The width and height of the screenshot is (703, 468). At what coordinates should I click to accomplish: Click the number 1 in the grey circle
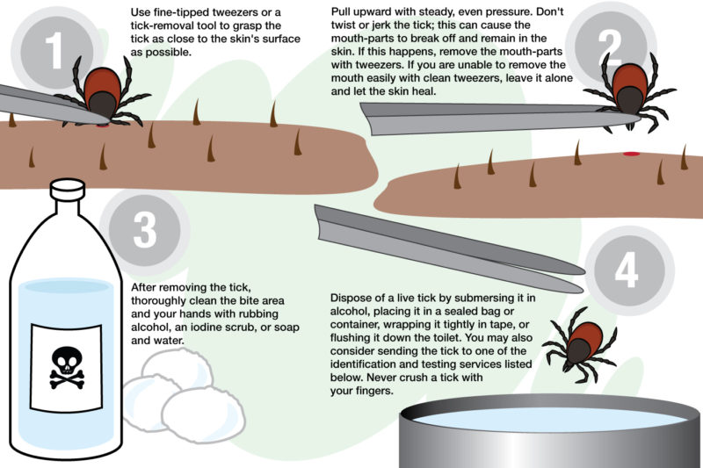pyautogui.click(x=55, y=50)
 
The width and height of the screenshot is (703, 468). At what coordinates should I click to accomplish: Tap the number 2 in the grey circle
pyautogui.click(x=610, y=47)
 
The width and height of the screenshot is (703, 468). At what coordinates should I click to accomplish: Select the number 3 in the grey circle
pyautogui.click(x=145, y=230)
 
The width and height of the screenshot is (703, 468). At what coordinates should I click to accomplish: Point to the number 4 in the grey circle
pyautogui.click(x=627, y=270)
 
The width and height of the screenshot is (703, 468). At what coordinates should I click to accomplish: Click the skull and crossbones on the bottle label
pyautogui.click(x=67, y=367)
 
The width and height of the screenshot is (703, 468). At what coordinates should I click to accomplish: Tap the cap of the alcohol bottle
pyautogui.click(x=68, y=189)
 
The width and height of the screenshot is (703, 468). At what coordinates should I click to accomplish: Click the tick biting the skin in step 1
pyautogui.click(x=104, y=92)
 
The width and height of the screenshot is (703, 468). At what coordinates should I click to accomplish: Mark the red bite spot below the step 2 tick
pyautogui.click(x=631, y=154)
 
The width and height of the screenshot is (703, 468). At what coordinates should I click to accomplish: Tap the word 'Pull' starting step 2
pyautogui.click(x=341, y=11)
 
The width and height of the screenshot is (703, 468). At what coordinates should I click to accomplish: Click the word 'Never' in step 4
pyautogui.click(x=380, y=377)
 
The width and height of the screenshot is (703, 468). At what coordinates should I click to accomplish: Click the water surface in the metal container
pyautogui.click(x=550, y=419)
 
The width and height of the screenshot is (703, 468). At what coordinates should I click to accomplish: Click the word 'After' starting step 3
pyautogui.click(x=143, y=287)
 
